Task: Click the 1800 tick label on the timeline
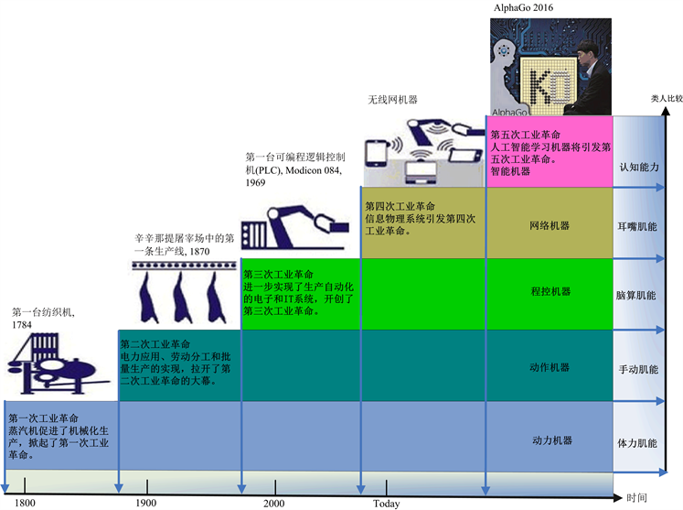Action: tap(25, 503)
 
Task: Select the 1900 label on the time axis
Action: tap(145, 503)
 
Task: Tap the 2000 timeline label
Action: tap(273, 503)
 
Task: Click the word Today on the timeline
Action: tap(386, 503)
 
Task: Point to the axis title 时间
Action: tap(636, 497)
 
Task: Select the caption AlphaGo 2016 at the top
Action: tap(523, 7)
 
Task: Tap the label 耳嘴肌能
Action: tap(637, 224)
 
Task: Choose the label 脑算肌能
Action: tap(637, 297)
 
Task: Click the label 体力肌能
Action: tap(637, 441)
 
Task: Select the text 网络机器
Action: tap(550, 224)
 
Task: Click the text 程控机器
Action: tap(550, 291)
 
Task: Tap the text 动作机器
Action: tap(550, 367)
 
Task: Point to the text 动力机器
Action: tap(551, 440)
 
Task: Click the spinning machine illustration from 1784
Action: tap(56, 363)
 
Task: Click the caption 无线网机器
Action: tap(392, 98)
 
